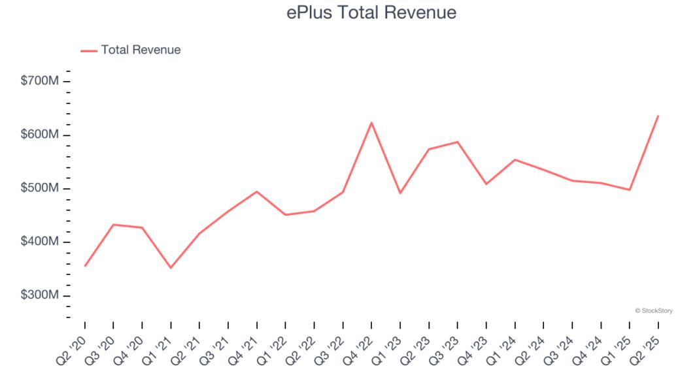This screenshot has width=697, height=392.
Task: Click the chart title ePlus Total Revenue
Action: pos(371,12)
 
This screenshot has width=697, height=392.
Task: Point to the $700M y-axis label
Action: pos(41,81)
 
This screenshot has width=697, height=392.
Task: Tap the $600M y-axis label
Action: pos(41,135)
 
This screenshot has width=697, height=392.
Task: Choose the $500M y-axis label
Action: pos(41,188)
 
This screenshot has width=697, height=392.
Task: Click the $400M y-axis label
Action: pos(41,242)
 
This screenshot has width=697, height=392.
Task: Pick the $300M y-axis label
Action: pos(41,295)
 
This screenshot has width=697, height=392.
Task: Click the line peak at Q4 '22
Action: pos(371,122)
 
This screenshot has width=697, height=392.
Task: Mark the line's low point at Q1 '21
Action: pos(171,268)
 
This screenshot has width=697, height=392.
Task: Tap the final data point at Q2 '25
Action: pos(658,116)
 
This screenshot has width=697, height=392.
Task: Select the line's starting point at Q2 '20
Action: pos(85,266)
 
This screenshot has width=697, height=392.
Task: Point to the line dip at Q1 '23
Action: pos(400,193)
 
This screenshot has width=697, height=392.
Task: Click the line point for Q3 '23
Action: pos(458,142)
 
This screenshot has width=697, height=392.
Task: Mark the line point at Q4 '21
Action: pos(257,191)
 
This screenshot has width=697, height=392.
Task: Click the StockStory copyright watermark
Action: pos(654,311)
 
